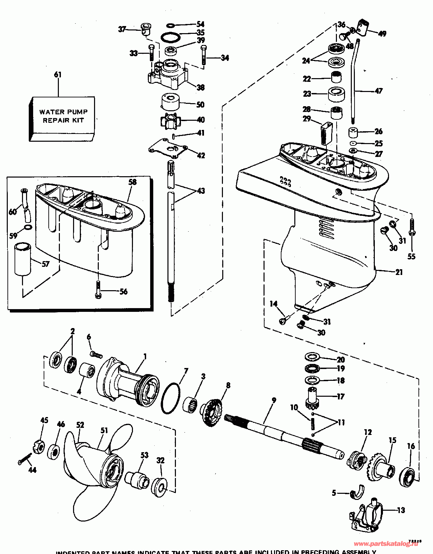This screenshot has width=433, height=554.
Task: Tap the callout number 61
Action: point(58,74)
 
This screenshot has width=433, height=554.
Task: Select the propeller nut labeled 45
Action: point(39,447)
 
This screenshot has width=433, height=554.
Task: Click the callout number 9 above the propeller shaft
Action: point(274,400)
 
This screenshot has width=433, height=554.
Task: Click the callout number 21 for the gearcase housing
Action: point(399,272)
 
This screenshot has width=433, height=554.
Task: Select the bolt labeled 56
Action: point(98,290)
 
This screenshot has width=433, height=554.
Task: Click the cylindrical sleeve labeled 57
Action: point(22,259)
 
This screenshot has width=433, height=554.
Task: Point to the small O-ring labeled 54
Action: point(171,25)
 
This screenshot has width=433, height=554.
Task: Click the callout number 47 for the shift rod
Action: point(379,91)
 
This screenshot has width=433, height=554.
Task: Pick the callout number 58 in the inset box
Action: point(133,182)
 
